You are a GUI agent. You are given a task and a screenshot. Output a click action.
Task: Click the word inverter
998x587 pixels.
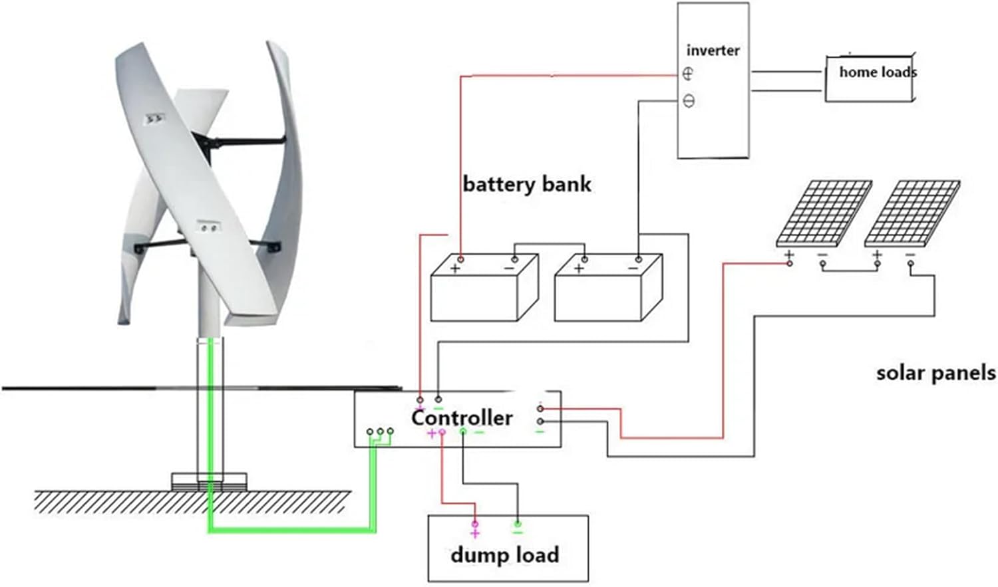(x=713, y=51)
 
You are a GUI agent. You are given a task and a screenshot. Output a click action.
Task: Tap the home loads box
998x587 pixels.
(x=870, y=78)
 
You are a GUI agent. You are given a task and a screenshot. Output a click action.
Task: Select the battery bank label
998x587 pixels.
(x=526, y=184)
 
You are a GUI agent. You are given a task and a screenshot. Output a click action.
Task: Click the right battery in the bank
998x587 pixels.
(x=607, y=289)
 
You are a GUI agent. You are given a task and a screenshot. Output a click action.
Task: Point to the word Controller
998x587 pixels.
(x=462, y=417)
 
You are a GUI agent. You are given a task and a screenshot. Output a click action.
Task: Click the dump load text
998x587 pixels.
(x=504, y=554)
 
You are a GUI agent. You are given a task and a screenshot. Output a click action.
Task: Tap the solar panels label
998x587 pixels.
(x=935, y=373)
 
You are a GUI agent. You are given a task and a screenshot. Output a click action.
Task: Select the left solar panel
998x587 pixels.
(x=824, y=213)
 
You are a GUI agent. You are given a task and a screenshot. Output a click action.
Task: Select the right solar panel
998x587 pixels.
(x=912, y=213)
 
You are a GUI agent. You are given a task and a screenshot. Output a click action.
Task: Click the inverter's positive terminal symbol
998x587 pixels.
(x=688, y=74)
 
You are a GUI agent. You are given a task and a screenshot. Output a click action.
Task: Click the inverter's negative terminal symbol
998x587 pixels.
(x=689, y=102)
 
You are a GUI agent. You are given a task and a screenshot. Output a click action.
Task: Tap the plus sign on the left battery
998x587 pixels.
(x=455, y=269)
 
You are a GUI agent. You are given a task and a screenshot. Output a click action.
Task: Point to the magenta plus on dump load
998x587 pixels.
(x=474, y=532)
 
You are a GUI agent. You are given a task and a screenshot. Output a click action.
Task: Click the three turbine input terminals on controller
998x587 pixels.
(x=380, y=432)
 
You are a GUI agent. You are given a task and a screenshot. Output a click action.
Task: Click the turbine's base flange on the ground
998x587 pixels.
(x=209, y=481)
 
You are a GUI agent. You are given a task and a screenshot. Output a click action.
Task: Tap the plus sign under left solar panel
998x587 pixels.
(x=789, y=255)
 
